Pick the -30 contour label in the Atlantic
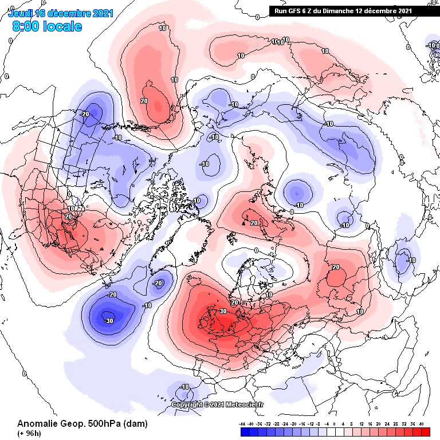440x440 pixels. pyautogui.click(x=108, y=321)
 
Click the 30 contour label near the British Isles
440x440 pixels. pyautogui.click(x=223, y=311)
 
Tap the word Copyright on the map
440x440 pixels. pyautogui.click(x=186, y=404)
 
